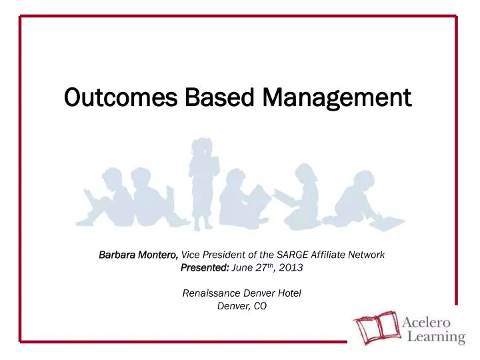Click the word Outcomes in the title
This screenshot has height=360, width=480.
113,98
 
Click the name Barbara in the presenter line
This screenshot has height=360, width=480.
117,255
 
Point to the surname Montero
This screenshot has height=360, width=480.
159,255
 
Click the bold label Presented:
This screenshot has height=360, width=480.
205,267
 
